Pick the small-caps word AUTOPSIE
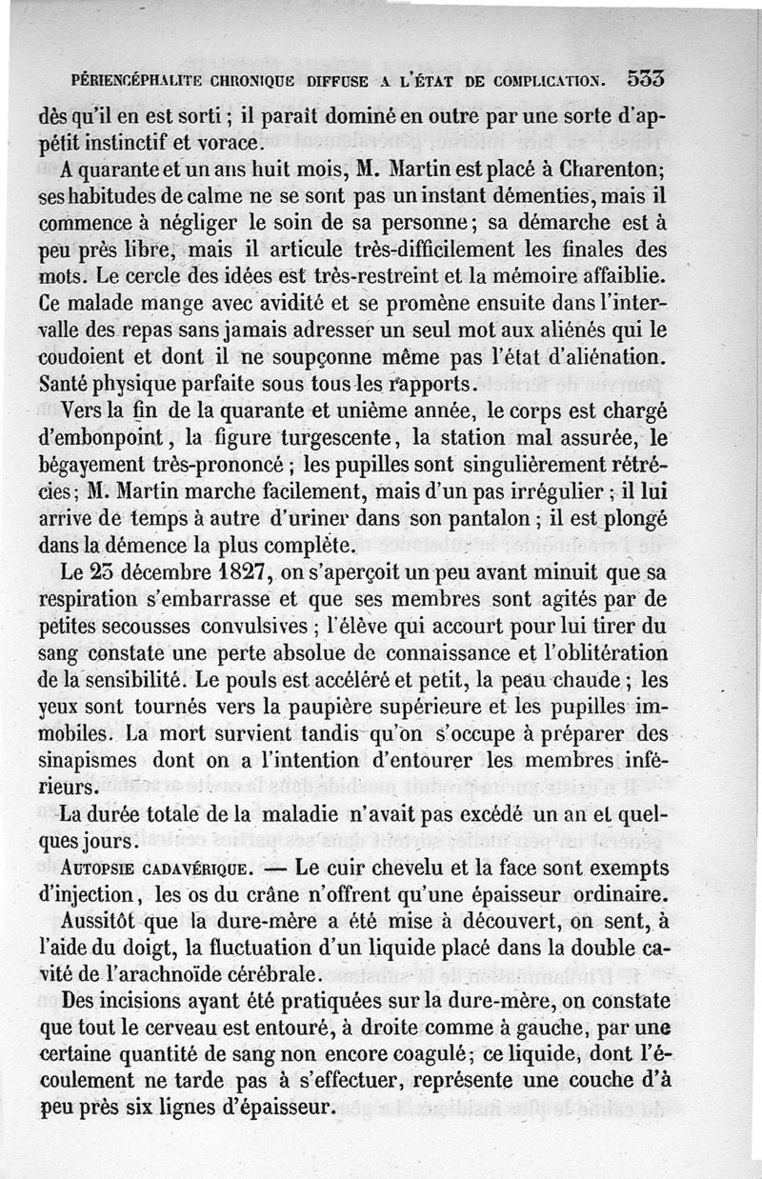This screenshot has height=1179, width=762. [98, 870]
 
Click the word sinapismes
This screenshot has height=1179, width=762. [99, 765]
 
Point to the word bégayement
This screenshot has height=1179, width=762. [104, 467]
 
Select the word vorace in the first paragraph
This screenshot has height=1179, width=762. [228, 145]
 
